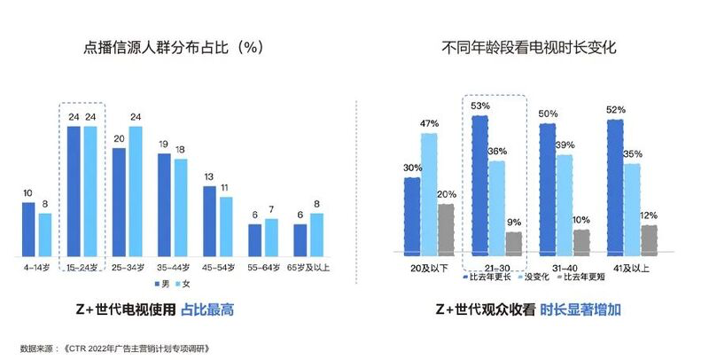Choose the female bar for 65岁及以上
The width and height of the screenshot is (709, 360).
[x=316, y=232]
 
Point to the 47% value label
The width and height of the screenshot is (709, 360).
[x=429, y=124]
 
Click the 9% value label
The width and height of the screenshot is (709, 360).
[x=514, y=223]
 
